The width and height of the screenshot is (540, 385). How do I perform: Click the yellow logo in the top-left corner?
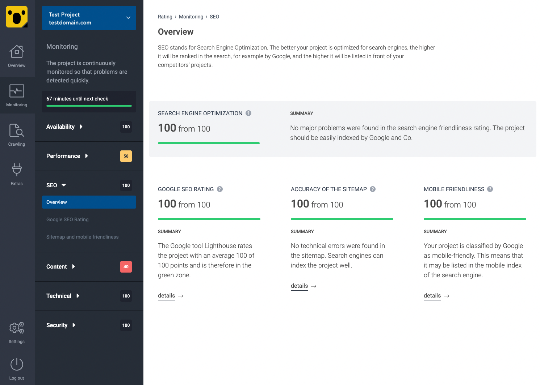tap(17, 17)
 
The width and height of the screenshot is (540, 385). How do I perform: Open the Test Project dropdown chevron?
tap(128, 18)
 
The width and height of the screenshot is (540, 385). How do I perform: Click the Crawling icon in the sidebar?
tap(17, 131)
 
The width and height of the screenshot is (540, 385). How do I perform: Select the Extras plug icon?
tap(17, 170)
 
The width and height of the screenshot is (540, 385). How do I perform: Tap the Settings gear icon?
tap(17, 328)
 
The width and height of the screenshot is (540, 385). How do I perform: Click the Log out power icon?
tap(17, 364)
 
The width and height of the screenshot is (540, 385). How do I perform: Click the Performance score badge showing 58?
tap(126, 156)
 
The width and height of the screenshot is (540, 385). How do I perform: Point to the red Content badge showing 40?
tap(126, 267)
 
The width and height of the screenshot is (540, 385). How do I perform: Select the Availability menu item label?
tap(60, 127)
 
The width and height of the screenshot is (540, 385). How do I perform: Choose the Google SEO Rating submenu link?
tap(67, 219)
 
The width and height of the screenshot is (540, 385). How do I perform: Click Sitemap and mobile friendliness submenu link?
tap(82, 237)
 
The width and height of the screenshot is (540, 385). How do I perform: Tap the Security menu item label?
tap(57, 325)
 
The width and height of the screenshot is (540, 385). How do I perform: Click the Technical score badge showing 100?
tap(126, 296)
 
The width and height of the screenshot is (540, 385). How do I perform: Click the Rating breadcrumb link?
tap(165, 17)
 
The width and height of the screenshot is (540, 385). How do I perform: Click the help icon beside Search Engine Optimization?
tap(248, 113)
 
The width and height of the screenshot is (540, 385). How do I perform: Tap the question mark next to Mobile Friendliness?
tap(490, 189)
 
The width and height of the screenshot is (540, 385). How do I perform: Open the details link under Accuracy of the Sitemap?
tap(300, 286)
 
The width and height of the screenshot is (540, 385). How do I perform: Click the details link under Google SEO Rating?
tap(167, 296)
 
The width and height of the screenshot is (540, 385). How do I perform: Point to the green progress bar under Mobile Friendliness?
tap(475, 219)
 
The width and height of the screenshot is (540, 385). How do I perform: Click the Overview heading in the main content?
tap(176, 32)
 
